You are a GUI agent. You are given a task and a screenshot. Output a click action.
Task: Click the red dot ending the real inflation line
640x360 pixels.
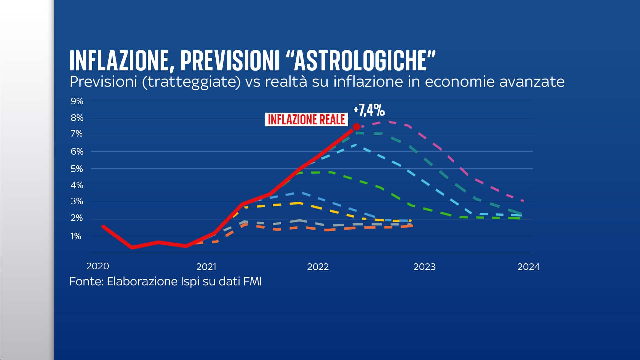[x=356, y=127]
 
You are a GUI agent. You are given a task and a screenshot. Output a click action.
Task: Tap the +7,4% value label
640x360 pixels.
[x=369, y=110]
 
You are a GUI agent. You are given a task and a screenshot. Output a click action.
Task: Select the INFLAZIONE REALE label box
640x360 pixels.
[x=306, y=119]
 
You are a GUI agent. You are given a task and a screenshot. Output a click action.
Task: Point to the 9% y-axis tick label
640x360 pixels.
[x=77, y=101]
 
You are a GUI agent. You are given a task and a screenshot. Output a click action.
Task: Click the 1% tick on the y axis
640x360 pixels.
[x=76, y=236]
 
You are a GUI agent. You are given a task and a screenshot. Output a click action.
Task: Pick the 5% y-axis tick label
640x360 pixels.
[x=77, y=169]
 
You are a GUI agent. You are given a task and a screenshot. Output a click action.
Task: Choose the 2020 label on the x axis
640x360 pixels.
[x=98, y=266]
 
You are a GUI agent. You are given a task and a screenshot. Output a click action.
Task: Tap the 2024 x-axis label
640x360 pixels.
[x=528, y=267]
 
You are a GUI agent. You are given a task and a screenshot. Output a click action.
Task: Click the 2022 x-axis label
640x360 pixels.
[x=318, y=267]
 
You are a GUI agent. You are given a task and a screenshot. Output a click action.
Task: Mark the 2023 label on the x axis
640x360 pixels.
[x=424, y=267]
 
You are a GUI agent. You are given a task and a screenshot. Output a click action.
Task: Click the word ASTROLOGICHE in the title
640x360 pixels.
[x=361, y=61]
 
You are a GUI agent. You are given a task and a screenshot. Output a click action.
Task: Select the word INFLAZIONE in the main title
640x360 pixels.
[x=119, y=61]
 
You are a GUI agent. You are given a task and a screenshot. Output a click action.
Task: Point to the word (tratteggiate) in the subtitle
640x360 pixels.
[x=191, y=82]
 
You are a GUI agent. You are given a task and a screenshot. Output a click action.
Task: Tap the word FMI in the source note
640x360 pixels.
[x=253, y=282]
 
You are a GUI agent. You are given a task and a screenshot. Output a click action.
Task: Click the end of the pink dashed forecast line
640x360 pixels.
[x=523, y=201]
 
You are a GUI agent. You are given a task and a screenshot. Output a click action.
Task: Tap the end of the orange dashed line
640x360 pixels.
[x=412, y=226]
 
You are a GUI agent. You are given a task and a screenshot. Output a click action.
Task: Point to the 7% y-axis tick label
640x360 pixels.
[x=77, y=134]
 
